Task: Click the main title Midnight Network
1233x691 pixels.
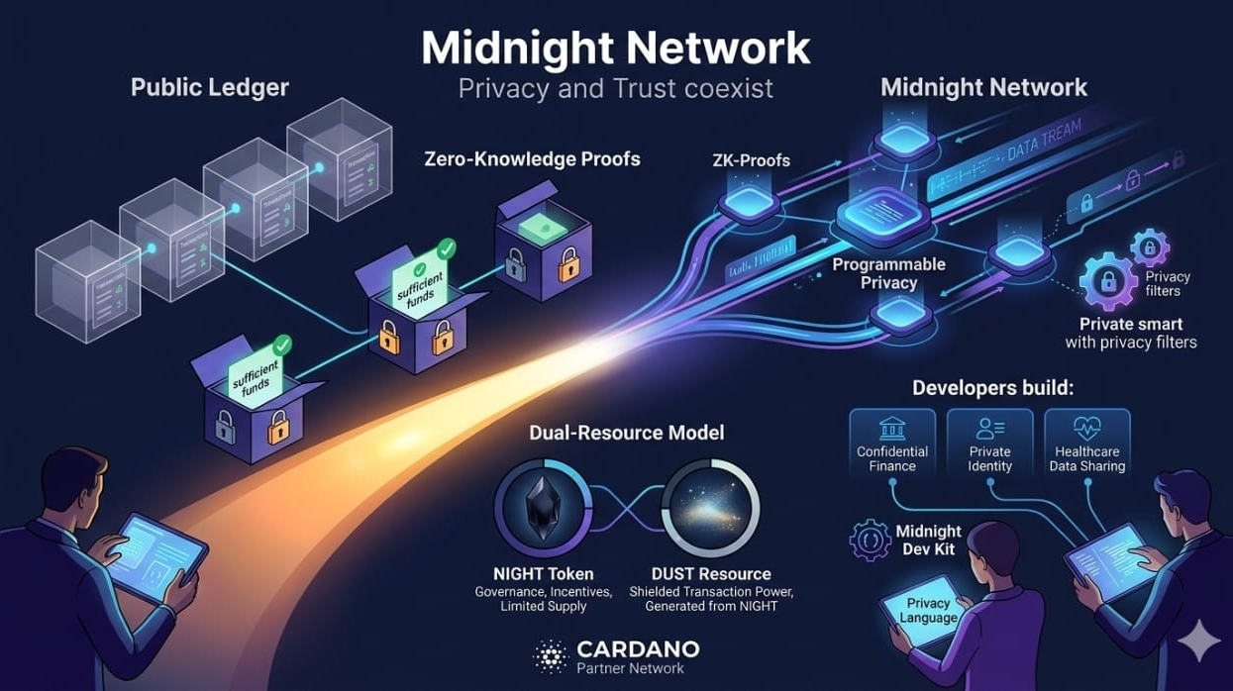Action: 615,47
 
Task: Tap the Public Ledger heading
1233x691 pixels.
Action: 210,87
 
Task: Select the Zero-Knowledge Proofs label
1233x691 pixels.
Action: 532,158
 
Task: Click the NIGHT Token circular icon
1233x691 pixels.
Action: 543,507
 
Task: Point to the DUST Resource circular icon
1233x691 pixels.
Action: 710,507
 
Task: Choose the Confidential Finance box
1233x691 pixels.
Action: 892,443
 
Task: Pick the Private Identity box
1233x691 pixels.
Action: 989,443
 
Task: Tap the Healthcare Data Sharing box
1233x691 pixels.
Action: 1086,443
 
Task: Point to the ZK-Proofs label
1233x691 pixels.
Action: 751,159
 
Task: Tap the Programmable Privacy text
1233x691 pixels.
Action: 888,274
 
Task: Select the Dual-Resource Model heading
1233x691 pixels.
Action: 626,433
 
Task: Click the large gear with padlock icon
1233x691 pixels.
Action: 1107,280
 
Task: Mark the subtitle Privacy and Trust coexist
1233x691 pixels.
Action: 615,87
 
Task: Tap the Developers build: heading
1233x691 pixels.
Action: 991,388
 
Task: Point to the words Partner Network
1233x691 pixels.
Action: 630,668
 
